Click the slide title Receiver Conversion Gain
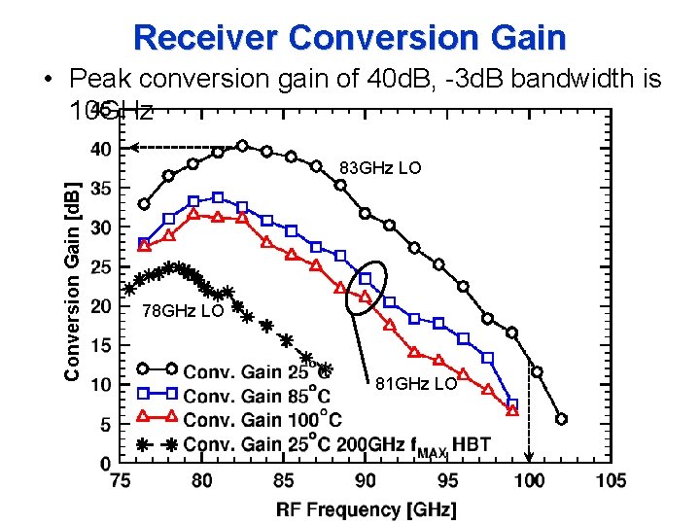(x=349, y=37)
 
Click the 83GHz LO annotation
(x=380, y=168)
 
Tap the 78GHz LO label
(x=183, y=311)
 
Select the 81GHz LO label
(x=416, y=384)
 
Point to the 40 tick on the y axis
(x=101, y=149)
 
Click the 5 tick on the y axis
(x=105, y=425)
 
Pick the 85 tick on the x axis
(x=284, y=480)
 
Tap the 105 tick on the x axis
(x=610, y=480)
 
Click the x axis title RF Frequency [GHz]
(x=366, y=508)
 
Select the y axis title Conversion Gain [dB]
(x=72, y=268)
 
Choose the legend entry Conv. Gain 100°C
(x=262, y=419)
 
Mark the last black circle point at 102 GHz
(x=561, y=419)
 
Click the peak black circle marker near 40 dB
(x=242, y=146)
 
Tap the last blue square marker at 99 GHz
(x=512, y=403)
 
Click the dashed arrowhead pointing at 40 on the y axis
(x=135, y=148)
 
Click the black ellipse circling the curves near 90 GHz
(x=367, y=288)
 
